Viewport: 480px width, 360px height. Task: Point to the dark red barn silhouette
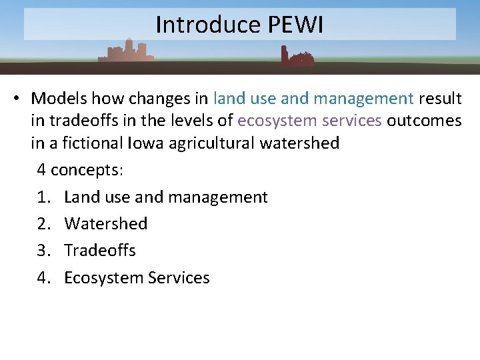296,57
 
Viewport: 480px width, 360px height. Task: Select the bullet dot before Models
15,99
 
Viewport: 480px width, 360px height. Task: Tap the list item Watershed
105,224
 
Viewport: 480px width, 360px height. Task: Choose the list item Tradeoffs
99,251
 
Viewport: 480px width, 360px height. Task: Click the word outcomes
424,121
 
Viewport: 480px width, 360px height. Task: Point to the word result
440,99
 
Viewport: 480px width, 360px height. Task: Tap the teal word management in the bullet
363,99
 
